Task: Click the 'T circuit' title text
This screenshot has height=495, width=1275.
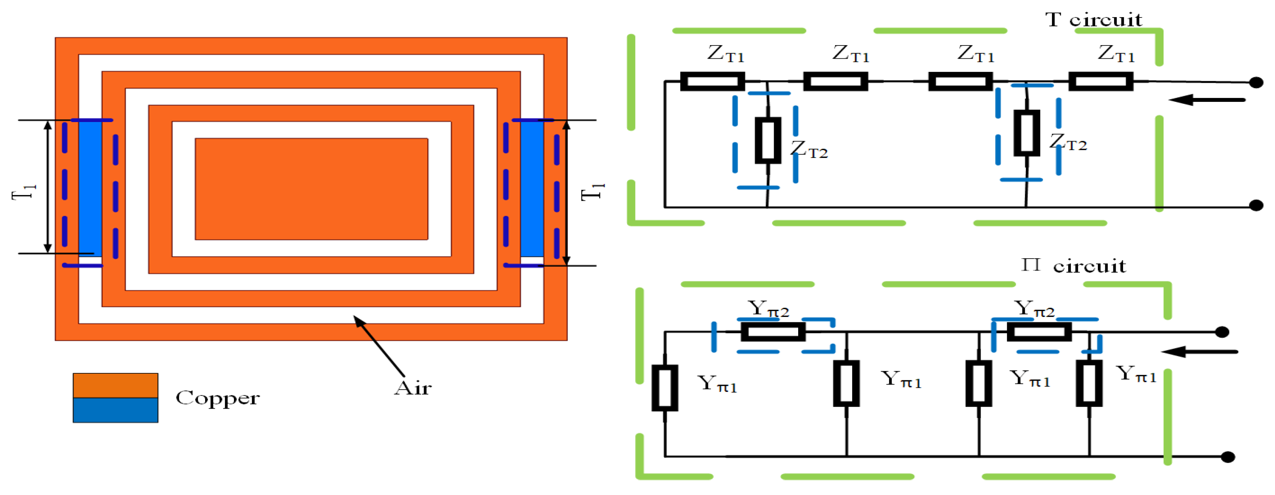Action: click(1094, 20)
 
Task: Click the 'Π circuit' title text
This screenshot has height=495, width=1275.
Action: click(1074, 266)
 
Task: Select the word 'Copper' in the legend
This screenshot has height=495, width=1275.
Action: click(217, 398)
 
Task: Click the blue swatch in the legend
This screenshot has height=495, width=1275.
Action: click(115, 410)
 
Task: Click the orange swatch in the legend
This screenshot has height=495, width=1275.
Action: click(115, 385)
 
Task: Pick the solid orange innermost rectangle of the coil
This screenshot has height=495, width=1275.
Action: click(311, 189)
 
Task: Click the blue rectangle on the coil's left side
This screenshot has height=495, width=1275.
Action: click(90, 188)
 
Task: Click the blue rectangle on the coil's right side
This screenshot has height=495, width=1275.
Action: click(532, 188)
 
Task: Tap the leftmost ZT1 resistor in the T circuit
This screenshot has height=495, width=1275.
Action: click(712, 81)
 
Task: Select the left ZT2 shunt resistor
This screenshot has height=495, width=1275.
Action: click(767, 140)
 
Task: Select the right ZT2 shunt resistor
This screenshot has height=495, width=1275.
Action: click(1027, 133)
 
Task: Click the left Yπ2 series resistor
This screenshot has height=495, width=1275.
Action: click(773, 331)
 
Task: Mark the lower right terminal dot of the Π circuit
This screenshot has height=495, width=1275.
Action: click(1228, 457)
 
